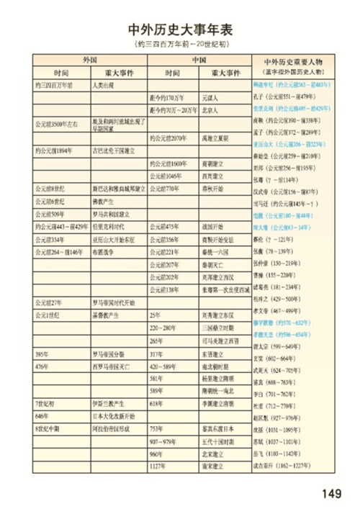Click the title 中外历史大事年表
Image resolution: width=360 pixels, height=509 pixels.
click(179, 30)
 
